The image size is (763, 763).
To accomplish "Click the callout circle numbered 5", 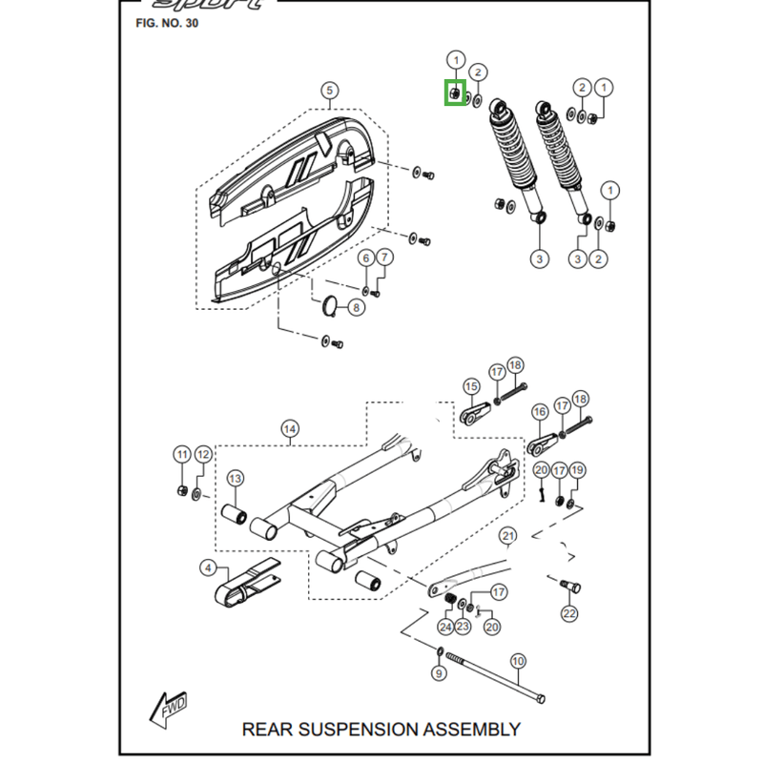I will coord(328,92).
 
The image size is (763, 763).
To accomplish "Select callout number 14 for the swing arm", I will coord(290,429).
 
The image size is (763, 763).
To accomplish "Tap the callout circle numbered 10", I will coord(519,660).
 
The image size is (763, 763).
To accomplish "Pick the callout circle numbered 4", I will coord(208,568).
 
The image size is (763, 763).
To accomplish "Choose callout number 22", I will coord(569,613).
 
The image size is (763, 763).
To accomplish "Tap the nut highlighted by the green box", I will coord(456,93).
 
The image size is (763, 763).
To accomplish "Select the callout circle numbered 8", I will coord(355,307).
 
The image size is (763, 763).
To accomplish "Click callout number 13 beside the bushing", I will coord(235,478).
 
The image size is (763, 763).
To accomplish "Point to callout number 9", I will coord(439,673).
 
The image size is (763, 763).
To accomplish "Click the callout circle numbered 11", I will coord(182,453).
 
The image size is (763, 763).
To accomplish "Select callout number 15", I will coord(471,386).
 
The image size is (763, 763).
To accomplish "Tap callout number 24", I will coord(445,627).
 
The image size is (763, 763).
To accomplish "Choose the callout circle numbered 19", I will coord(577,470).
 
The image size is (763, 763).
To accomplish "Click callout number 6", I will coord(365,258).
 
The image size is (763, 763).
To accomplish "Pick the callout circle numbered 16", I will coord(540,412).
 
